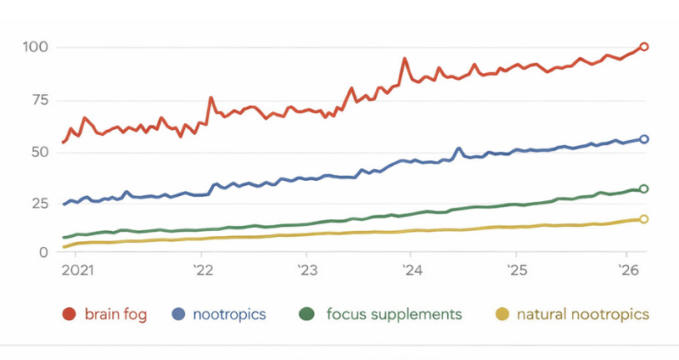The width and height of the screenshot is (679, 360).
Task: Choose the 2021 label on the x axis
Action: pos(76,271)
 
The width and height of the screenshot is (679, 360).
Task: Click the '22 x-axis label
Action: pos(204,271)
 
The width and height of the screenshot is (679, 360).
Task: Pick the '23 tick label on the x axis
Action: pos(306,271)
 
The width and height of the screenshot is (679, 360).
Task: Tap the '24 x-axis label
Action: pos(411,271)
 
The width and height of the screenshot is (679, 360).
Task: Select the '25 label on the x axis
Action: pos(515,271)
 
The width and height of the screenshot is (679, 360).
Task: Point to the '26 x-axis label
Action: pos(629,271)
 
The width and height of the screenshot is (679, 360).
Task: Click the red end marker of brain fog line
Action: pos(644,47)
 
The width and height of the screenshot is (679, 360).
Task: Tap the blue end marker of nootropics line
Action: pos(644,139)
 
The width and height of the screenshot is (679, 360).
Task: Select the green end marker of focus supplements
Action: pos(644,189)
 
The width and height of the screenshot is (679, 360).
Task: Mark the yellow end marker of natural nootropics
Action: pos(644,219)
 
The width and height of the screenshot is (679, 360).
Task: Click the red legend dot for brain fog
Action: pos(70,315)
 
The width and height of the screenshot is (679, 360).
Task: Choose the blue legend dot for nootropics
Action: pos(178,315)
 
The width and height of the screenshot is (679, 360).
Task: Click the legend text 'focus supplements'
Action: pos(394,315)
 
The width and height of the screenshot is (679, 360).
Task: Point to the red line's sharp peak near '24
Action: pos(405,59)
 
